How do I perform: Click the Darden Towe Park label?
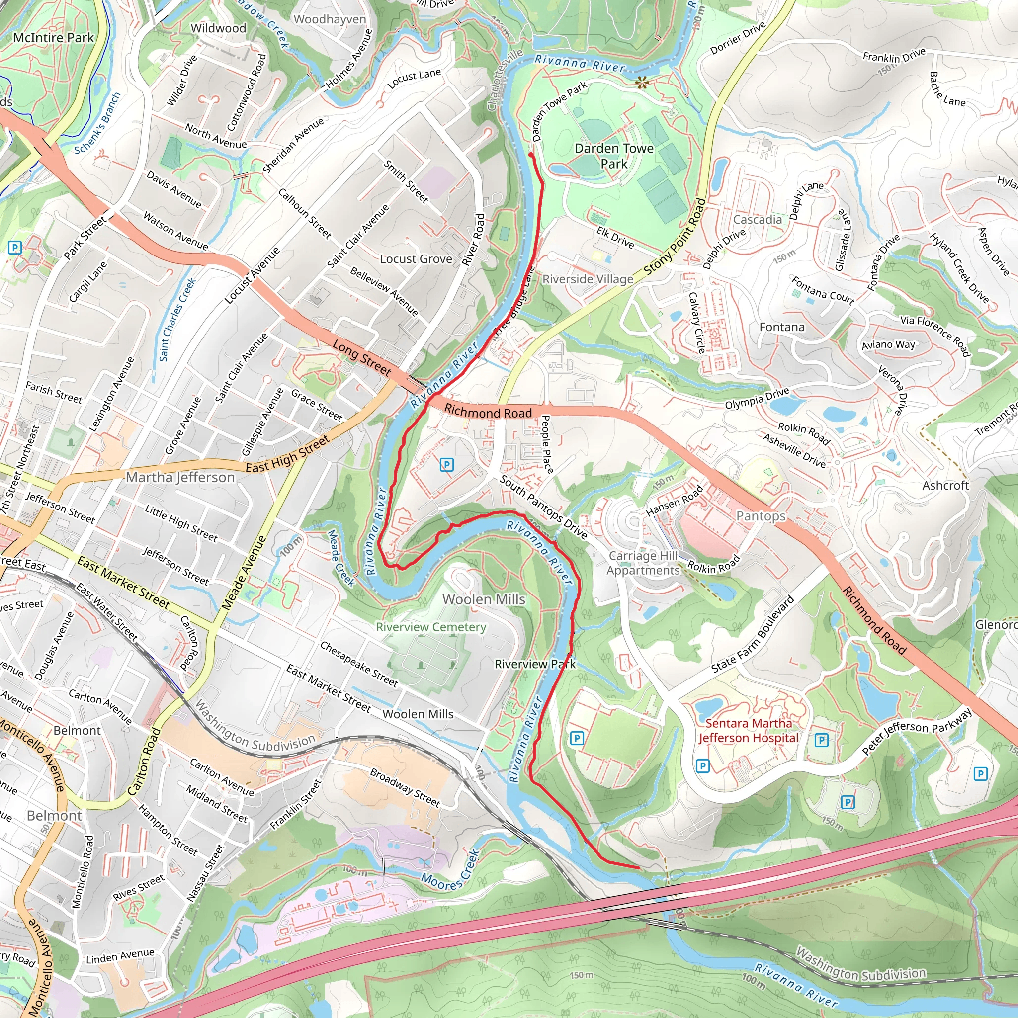tap(614, 156)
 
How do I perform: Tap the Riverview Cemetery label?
tap(430, 627)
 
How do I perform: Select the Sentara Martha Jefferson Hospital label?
tap(748, 730)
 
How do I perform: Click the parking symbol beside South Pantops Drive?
tap(446, 465)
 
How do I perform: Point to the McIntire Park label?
tap(53, 38)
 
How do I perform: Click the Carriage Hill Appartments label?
tap(643, 563)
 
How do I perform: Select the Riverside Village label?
tap(588, 279)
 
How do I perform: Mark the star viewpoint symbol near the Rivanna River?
tap(641, 83)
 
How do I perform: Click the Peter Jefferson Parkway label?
tap(917, 731)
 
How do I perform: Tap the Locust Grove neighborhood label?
tap(416, 259)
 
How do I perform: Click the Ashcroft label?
tap(945, 485)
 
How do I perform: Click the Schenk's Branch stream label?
tap(97, 123)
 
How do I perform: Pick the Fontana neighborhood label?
tap(782, 327)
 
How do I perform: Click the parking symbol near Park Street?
tap(15, 247)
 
